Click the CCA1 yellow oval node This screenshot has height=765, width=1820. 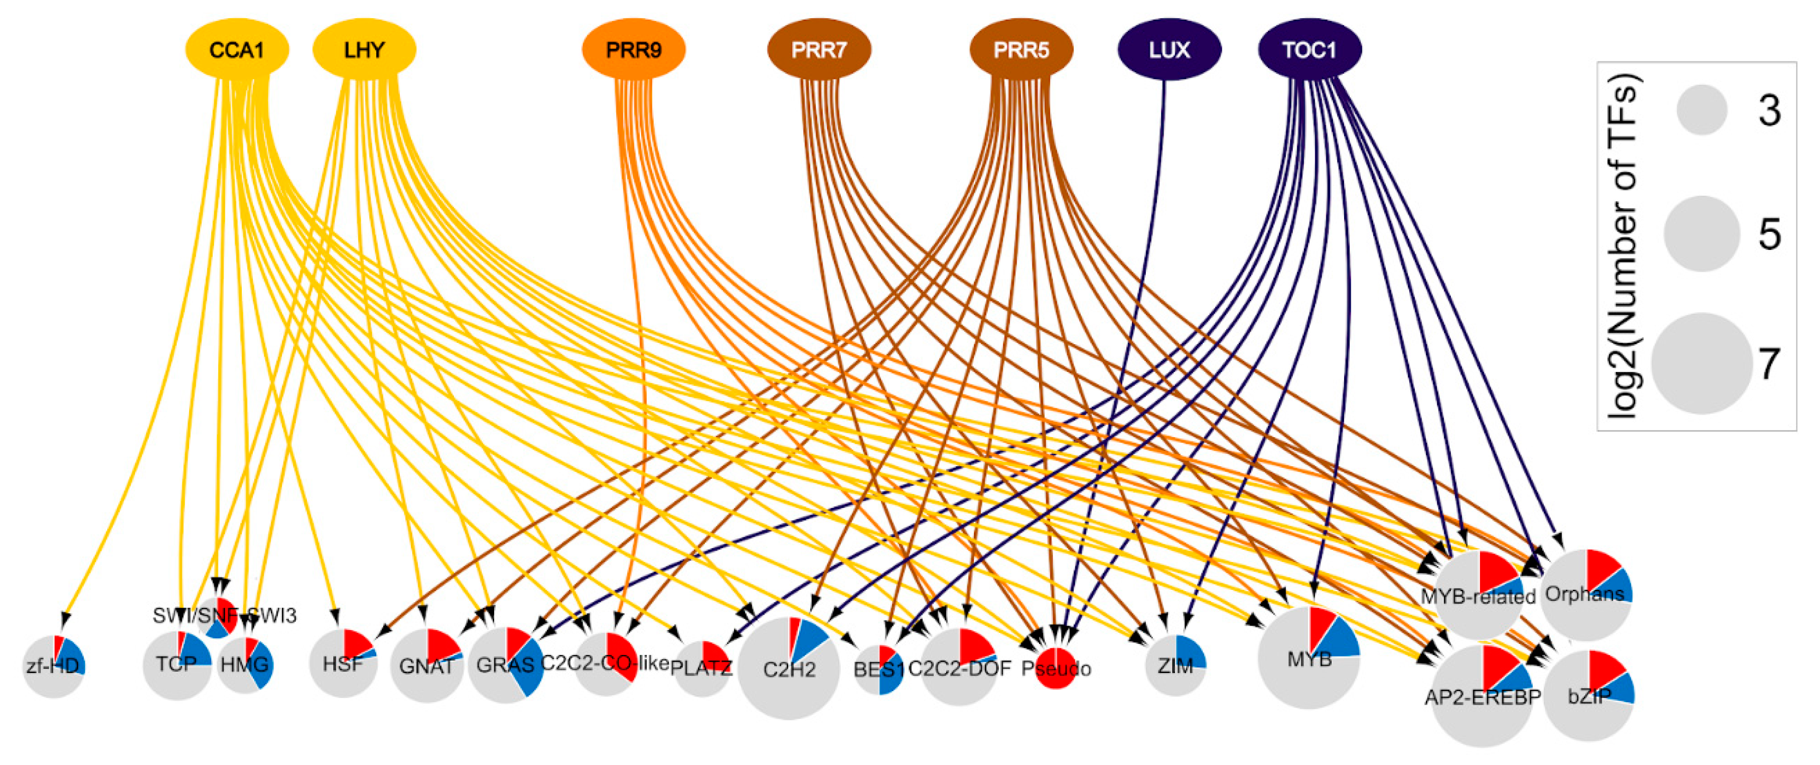point(237,49)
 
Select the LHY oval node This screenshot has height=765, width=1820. point(364,49)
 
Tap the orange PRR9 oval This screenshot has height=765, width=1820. point(633,49)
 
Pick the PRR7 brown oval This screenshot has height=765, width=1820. point(819,49)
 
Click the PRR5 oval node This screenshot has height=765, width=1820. point(1021,49)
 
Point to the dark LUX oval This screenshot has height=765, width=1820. point(1169,49)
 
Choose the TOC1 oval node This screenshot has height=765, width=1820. point(1309,49)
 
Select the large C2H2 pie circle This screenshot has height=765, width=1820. point(789,668)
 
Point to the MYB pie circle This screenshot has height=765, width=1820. point(1309,658)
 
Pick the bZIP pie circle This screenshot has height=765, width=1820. point(1588,696)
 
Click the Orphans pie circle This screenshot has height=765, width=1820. point(1585,595)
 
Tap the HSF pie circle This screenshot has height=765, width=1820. point(343,664)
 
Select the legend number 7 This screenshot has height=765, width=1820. point(1769,364)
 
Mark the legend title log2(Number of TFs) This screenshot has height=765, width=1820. point(1622,247)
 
